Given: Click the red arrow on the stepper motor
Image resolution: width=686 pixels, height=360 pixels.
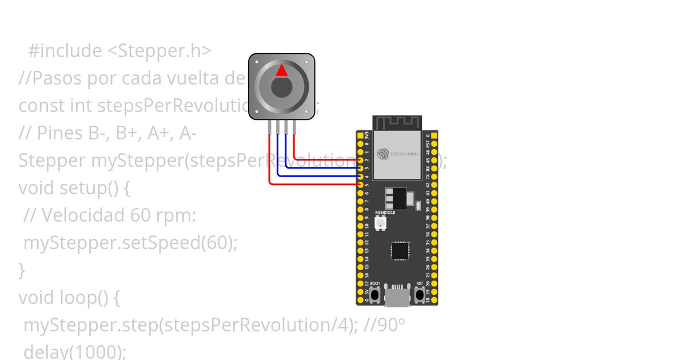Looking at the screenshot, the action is pos(281,70).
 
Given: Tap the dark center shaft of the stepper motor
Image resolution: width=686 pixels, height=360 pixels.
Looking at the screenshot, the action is pos(281,88).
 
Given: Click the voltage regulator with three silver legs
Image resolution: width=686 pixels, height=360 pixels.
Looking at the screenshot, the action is pos(397,198).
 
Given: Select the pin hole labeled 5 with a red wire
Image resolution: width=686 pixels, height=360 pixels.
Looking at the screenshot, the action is pos(360,185).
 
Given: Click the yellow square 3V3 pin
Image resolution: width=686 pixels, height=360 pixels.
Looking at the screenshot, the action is pos(360,136).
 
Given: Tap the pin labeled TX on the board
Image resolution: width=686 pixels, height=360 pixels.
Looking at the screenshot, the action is pos(434,177).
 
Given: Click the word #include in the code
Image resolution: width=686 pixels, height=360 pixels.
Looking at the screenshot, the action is pos(65,51).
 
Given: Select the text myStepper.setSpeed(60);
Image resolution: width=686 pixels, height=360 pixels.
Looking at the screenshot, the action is pos(130,243).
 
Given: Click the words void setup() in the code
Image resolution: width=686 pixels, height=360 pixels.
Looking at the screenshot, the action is pos(69,188).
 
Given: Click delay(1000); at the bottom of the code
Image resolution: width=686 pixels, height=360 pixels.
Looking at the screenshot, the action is pos(74,352).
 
